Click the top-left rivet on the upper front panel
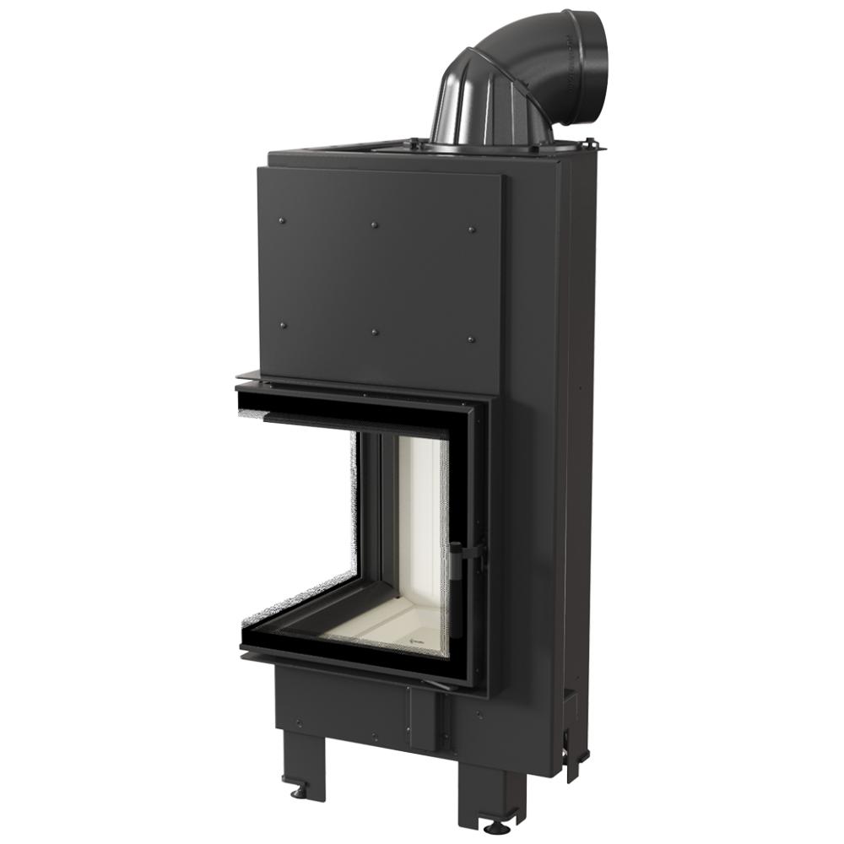[x=282, y=221]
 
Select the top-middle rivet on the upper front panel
[x=374, y=225]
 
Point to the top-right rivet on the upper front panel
[x=471, y=230]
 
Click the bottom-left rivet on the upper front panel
[x=282, y=325]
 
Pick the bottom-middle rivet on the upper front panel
[x=374, y=332]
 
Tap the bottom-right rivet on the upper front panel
[x=471, y=339]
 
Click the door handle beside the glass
[x=457, y=560]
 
